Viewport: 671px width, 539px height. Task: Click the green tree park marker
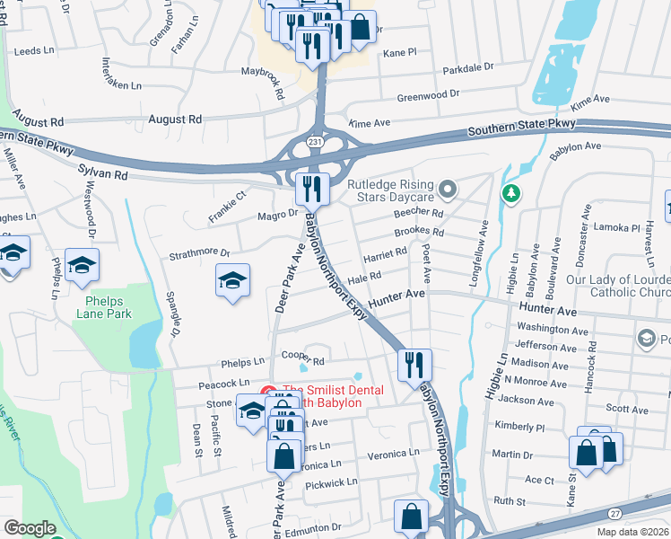pos(511,192)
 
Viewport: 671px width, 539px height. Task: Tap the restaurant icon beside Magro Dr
pos(310,188)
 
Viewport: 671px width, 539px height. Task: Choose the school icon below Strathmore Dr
pos(231,281)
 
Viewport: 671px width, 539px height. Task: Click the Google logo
pos(29,528)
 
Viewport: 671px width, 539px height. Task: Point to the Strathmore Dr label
pos(199,255)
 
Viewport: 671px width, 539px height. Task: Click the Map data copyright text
pos(631,532)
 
